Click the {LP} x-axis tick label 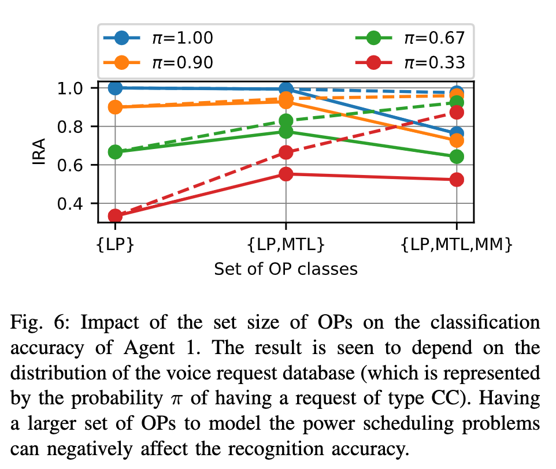[x=115, y=245]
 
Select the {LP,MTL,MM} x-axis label [x=457, y=245]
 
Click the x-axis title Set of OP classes [x=286, y=269]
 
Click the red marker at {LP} [x=115, y=216]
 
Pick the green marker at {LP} [x=115, y=152]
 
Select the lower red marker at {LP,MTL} [x=286, y=174]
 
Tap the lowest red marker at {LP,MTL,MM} [x=457, y=180]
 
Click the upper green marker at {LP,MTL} [x=286, y=121]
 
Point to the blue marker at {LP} [x=115, y=88]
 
